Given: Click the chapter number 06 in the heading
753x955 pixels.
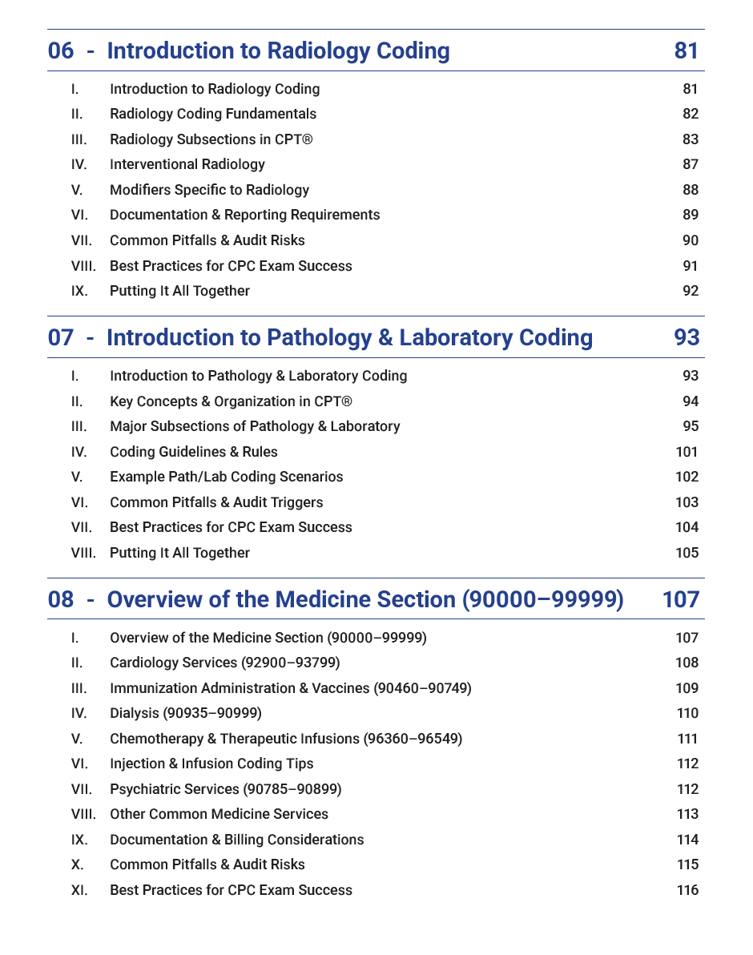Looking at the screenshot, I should [61, 51].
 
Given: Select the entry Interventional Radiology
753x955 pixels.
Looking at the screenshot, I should [187, 164].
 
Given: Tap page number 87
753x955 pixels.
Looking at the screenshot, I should [690, 164].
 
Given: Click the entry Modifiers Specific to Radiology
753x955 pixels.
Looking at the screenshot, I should [209, 190].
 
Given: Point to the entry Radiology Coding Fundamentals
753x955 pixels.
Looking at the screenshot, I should [212, 114].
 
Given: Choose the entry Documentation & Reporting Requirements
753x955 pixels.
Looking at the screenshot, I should [244, 215].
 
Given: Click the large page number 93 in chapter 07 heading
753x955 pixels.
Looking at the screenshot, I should [687, 338].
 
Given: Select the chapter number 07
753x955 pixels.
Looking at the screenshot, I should [61, 338].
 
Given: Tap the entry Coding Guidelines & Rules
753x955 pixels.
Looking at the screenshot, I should [193, 452].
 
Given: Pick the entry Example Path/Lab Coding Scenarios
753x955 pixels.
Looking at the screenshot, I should [226, 477].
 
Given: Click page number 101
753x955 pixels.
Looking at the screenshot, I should [687, 452].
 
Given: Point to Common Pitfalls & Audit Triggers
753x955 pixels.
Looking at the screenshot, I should [216, 502].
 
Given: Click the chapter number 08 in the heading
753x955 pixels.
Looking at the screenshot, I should [61, 599].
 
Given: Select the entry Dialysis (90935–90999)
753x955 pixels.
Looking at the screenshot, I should [185, 713].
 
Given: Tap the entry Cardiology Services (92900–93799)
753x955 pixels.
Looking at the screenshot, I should [224, 663].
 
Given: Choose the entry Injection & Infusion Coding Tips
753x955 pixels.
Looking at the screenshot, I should [211, 764].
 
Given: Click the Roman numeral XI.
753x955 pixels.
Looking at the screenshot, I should [79, 890].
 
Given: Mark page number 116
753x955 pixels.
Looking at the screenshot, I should [687, 890].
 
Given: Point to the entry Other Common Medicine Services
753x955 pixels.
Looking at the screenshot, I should [219, 814].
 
